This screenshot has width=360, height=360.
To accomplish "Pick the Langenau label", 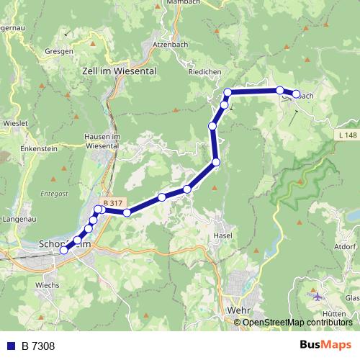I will (20, 217).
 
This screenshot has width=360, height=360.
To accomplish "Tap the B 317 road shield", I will (113, 203).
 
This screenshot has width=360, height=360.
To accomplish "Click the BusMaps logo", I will (325, 345).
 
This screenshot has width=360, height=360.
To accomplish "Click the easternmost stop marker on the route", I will (296, 94).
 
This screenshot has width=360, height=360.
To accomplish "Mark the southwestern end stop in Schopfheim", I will (63, 250).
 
